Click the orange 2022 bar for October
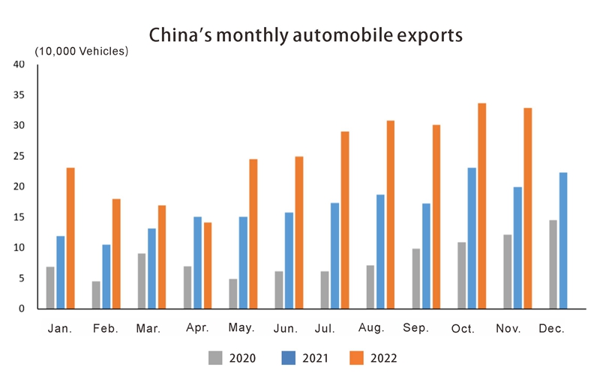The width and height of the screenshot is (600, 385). point(482,206)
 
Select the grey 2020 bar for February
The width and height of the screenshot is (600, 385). point(96,295)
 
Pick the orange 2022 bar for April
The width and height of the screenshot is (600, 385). point(207,265)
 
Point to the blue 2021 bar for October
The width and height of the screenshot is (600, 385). point(472,238)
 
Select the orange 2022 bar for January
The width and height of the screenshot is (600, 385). point(70,238)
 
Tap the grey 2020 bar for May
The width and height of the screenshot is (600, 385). point(233,294)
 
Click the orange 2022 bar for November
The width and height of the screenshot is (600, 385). point(528,208)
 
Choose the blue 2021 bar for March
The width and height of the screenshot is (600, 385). point(151,268)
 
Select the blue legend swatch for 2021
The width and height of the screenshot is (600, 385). point(287,358)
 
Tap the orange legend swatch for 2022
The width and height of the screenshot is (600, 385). point(358,358)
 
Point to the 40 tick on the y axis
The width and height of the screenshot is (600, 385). point(19,64)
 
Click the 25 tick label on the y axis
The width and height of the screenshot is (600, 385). point(19,157)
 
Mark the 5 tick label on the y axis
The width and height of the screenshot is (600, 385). point(22,279)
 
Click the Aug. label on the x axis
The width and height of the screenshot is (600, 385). point(372,328)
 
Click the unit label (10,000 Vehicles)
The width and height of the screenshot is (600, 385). point(82,51)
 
